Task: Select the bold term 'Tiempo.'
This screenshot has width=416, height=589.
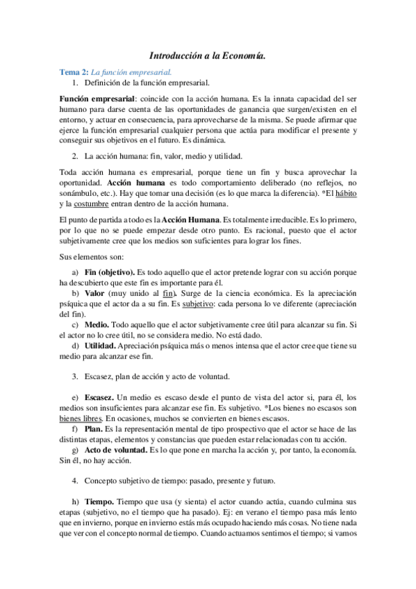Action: [100, 501]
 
